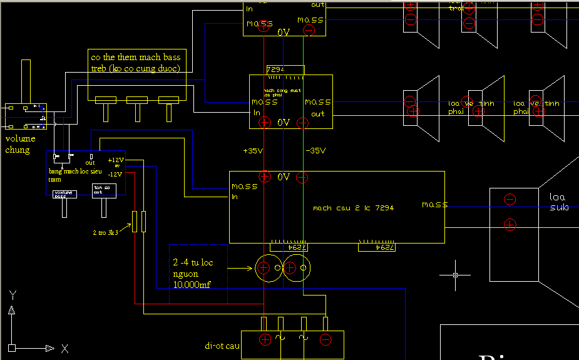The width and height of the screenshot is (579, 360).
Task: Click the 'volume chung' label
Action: pyautogui.click(x=20, y=144)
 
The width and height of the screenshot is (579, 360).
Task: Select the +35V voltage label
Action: pyautogui.click(x=253, y=151)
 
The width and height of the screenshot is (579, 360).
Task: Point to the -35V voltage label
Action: pyautogui.click(x=315, y=151)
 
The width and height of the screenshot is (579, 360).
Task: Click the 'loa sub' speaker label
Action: pyautogui.click(x=558, y=202)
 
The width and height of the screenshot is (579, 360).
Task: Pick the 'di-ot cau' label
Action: pyautogui.click(x=222, y=345)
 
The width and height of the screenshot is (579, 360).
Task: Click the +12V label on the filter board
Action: pyautogui.click(x=116, y=160)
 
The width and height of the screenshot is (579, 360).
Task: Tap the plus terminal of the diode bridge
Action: pyautogui.click(x=265, y=339)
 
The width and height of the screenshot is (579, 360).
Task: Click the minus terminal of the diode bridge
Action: pyautogui.click(x=325, y=339)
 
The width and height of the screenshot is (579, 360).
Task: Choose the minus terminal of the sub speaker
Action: pyautogui.click(x=510, y=200)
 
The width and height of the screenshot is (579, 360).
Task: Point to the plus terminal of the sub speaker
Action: pyautogui.click(x=510, y=224)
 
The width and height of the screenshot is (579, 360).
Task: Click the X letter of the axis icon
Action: pyautogui.click(x=64, y=347)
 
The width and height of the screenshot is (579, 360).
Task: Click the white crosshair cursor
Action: pyautogui.click(x=455, y=275)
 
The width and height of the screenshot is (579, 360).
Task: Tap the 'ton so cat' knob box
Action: pyautogui.click(x=105, y=190)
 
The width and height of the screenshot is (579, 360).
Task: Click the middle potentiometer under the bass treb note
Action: pyautogui.click(x=137, y=100)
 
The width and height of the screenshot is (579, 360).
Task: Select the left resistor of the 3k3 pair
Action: pyautogui.click(x=134, y=222)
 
